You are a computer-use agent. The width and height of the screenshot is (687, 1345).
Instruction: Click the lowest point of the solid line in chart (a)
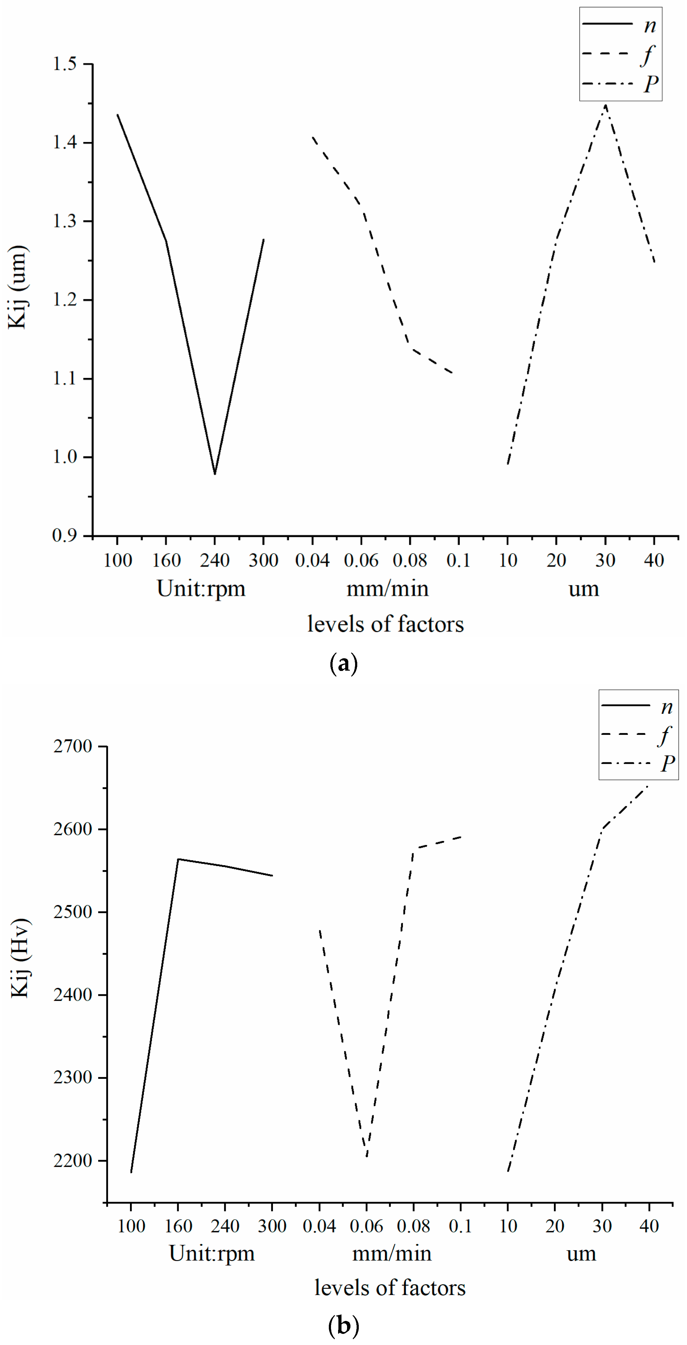(x=215, y=474)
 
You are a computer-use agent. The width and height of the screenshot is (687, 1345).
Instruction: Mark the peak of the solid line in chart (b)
(x=178, y=859)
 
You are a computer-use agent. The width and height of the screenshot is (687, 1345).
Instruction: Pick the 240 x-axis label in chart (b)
(x=225, y=1226)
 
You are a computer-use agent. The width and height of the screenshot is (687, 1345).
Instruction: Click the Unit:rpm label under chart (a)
(x=201, y=589)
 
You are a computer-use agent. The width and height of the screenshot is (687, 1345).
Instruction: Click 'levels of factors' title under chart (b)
(x=389, y=1288)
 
